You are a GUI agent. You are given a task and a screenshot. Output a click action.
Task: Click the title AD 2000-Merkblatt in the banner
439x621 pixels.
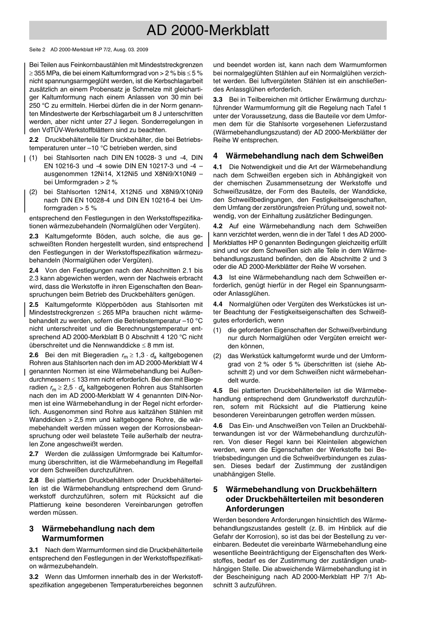[x=207, y=30]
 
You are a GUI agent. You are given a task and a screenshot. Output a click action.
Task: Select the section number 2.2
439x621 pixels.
[x=34, y=140]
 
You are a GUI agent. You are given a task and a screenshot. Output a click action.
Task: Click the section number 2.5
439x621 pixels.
[x=34, y=304]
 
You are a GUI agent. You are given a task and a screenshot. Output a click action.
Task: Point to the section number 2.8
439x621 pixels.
[x=34, y=480]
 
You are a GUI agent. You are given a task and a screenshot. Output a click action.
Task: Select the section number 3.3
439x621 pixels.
[x=218, y=99]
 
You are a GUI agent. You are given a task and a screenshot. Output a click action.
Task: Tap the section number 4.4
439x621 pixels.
[x=218, y=304]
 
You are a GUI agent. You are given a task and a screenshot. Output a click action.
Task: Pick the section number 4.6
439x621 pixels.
[x=218, y=425]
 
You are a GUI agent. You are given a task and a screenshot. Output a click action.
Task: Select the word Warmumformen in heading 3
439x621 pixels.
[x=73, y=538]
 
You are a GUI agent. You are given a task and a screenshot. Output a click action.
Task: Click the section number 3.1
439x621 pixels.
[x=34, y=550]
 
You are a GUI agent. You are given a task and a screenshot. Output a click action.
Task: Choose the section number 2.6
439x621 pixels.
[x=34, y=355]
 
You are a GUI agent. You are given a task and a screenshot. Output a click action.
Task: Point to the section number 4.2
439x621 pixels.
[x=218, y=226]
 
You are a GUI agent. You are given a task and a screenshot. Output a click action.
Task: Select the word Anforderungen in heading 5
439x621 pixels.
[x=255, y=509]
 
